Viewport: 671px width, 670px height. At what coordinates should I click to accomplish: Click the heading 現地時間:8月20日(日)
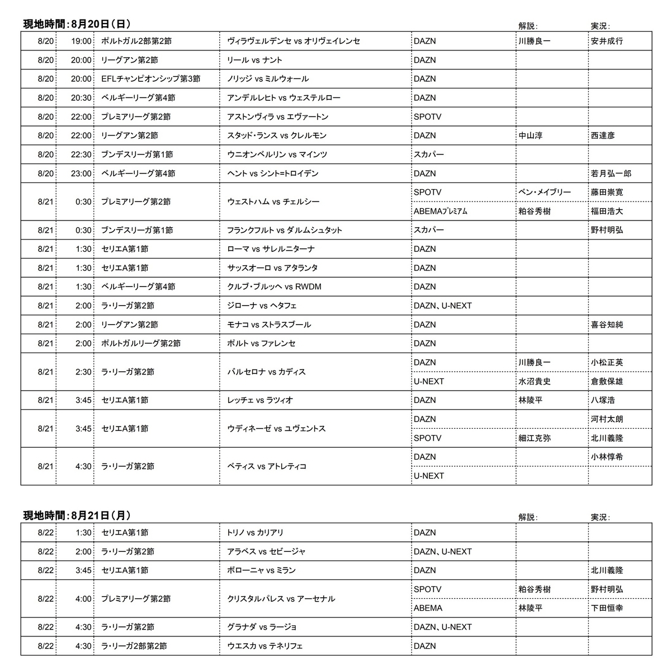[x=77, y=24]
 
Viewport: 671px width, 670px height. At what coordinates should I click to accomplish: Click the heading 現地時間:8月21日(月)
[x=77, y=516]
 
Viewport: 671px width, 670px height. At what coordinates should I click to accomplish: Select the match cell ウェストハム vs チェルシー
[x=273, y=202]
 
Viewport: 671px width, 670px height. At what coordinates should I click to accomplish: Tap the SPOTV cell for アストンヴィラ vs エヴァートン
[x=427, y=116]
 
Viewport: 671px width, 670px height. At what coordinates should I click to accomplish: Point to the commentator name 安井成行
[x=607, y=41]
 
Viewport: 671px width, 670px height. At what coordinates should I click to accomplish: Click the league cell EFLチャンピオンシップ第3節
[x=150, y=79]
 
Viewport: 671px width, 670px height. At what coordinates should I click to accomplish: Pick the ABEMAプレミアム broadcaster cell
[x=440, y=212]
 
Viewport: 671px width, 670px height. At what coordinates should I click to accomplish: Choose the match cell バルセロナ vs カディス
[x=266, y=372]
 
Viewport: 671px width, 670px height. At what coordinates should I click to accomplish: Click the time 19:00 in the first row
[x=81, y=41]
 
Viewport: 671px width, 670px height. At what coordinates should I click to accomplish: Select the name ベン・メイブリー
[x=545, y=192]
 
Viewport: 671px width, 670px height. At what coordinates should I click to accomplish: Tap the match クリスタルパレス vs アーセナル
[x=281, y=599]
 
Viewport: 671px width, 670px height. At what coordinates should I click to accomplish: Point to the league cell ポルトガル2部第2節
[x=137, y=41]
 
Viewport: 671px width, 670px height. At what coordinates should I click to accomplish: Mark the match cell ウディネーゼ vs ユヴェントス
[x=276, y=429]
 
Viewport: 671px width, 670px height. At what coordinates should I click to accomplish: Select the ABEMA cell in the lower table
[x=428, y=608]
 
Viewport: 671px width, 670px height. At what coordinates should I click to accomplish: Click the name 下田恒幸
[x=607, y=608]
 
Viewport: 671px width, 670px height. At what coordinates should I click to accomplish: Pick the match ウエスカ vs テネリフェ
[x=265, y=646]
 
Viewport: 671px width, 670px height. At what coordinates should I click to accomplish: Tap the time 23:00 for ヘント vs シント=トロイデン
[x=81, y=174]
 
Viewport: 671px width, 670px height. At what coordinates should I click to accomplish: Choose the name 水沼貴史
[x=535, y=381]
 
